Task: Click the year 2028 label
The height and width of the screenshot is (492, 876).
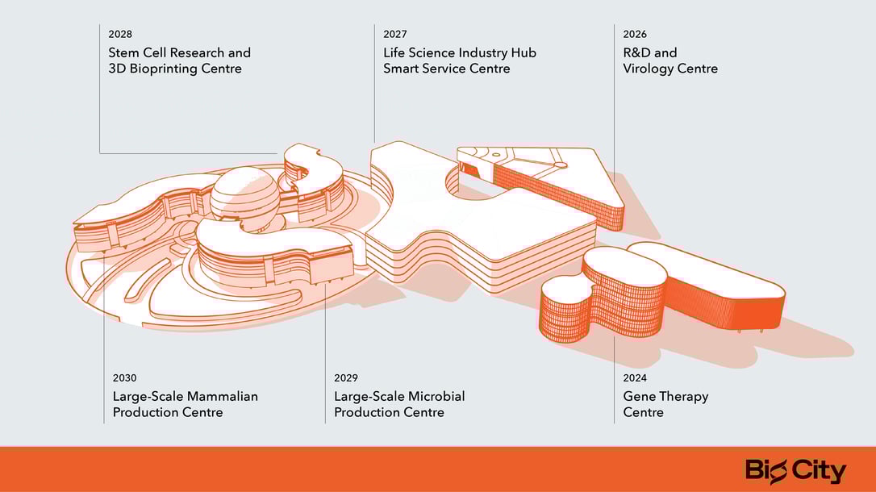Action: pyautogui.click(x=120, y=35)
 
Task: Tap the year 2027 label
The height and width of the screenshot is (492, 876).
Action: pyautogui.click(x=395, y=35)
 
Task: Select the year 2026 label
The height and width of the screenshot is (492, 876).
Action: pyautogui.click(x=635, y=35)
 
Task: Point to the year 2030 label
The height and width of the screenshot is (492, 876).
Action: pyautogui.click(x=124, y=378)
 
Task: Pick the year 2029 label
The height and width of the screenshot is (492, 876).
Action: pyautogui.click(x=346, y=378)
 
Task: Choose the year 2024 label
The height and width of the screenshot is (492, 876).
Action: pyautogui.click(x=635, y=378)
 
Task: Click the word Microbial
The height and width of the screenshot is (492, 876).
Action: pyautogui.click(x=436, y=397)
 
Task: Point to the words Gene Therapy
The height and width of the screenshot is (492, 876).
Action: pyautogui.click(x=665, y=397)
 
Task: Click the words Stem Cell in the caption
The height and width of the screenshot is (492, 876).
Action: pyautogui.click(x=138, y=53)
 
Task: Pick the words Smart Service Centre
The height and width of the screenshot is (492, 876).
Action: pyautogui.click(x=447, y=69)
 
